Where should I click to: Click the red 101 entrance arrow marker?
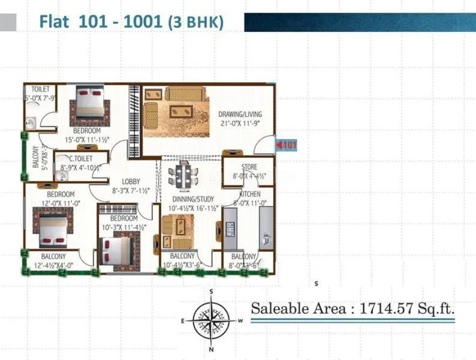coord(286,145)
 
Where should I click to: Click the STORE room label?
coord(249,167)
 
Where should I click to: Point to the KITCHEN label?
coord(249,195)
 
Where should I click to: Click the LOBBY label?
coord(131,181)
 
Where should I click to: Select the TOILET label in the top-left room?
coord(40,89)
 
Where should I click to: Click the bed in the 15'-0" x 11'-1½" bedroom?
coord(90,103)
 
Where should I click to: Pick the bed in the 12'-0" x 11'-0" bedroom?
coord(53,227)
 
